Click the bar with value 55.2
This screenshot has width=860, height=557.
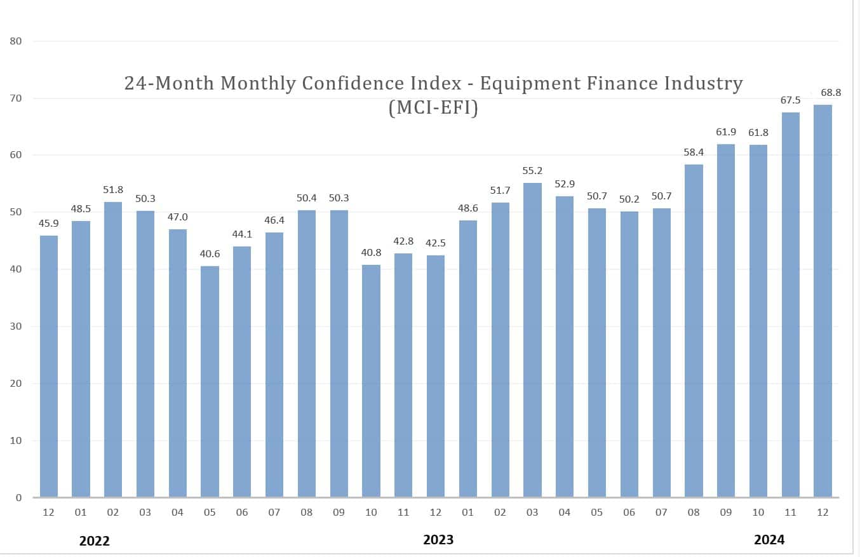point(532,340)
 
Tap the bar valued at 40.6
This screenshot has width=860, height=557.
point(210,381)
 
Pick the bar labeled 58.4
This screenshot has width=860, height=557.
point(694,330)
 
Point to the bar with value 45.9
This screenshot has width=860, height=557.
point(49,366)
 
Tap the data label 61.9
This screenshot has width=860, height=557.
point(725,132)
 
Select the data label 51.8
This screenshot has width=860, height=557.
point(113,190)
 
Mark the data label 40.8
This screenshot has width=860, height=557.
point(371,252)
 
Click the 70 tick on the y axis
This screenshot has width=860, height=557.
point(16,98)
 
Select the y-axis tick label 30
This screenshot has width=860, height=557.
point(16,326)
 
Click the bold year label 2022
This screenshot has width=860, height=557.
point(95,541)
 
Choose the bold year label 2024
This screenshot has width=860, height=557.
point(769,540)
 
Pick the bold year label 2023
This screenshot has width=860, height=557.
point(438,540)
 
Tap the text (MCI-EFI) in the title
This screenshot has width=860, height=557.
point(433,108)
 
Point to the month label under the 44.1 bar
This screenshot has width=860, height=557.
point(242,512)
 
